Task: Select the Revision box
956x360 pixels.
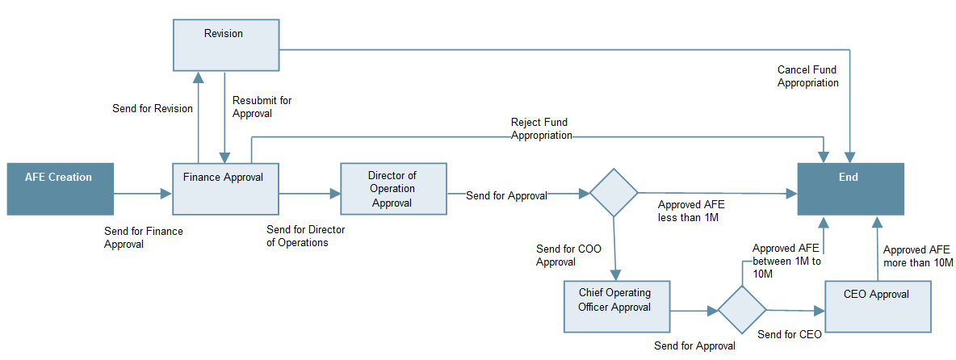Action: [224, 44]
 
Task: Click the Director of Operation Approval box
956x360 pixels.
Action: [393, 189]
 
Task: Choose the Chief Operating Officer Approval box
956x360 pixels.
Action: [616, 306]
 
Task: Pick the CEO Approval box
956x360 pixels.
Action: [878, 306]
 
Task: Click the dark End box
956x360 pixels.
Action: [850, 189]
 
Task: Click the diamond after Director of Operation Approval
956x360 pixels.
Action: [614, 193]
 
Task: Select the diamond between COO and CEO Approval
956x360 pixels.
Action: [742, 310]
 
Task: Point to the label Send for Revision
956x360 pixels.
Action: [153, 108]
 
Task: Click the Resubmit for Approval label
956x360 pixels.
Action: [262, 107]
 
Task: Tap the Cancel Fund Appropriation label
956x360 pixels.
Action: [807, 77]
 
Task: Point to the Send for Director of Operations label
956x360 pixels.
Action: [305, 236]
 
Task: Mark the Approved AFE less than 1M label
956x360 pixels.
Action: [690, 211]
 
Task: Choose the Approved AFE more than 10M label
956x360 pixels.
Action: [918, 257]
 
